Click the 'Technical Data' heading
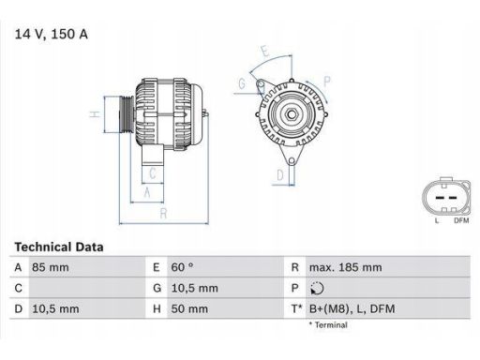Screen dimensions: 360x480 coord(59,247)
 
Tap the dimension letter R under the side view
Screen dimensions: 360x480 coord(163,213)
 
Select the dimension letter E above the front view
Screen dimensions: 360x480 coord(266,51)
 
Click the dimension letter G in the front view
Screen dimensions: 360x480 coord(241,84)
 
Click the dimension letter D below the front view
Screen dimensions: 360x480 coord(280,174)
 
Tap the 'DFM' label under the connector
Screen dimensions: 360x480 coord(460,220)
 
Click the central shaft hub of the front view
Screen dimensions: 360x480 coord(291,117)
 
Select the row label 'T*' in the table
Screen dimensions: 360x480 coord(296,307)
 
